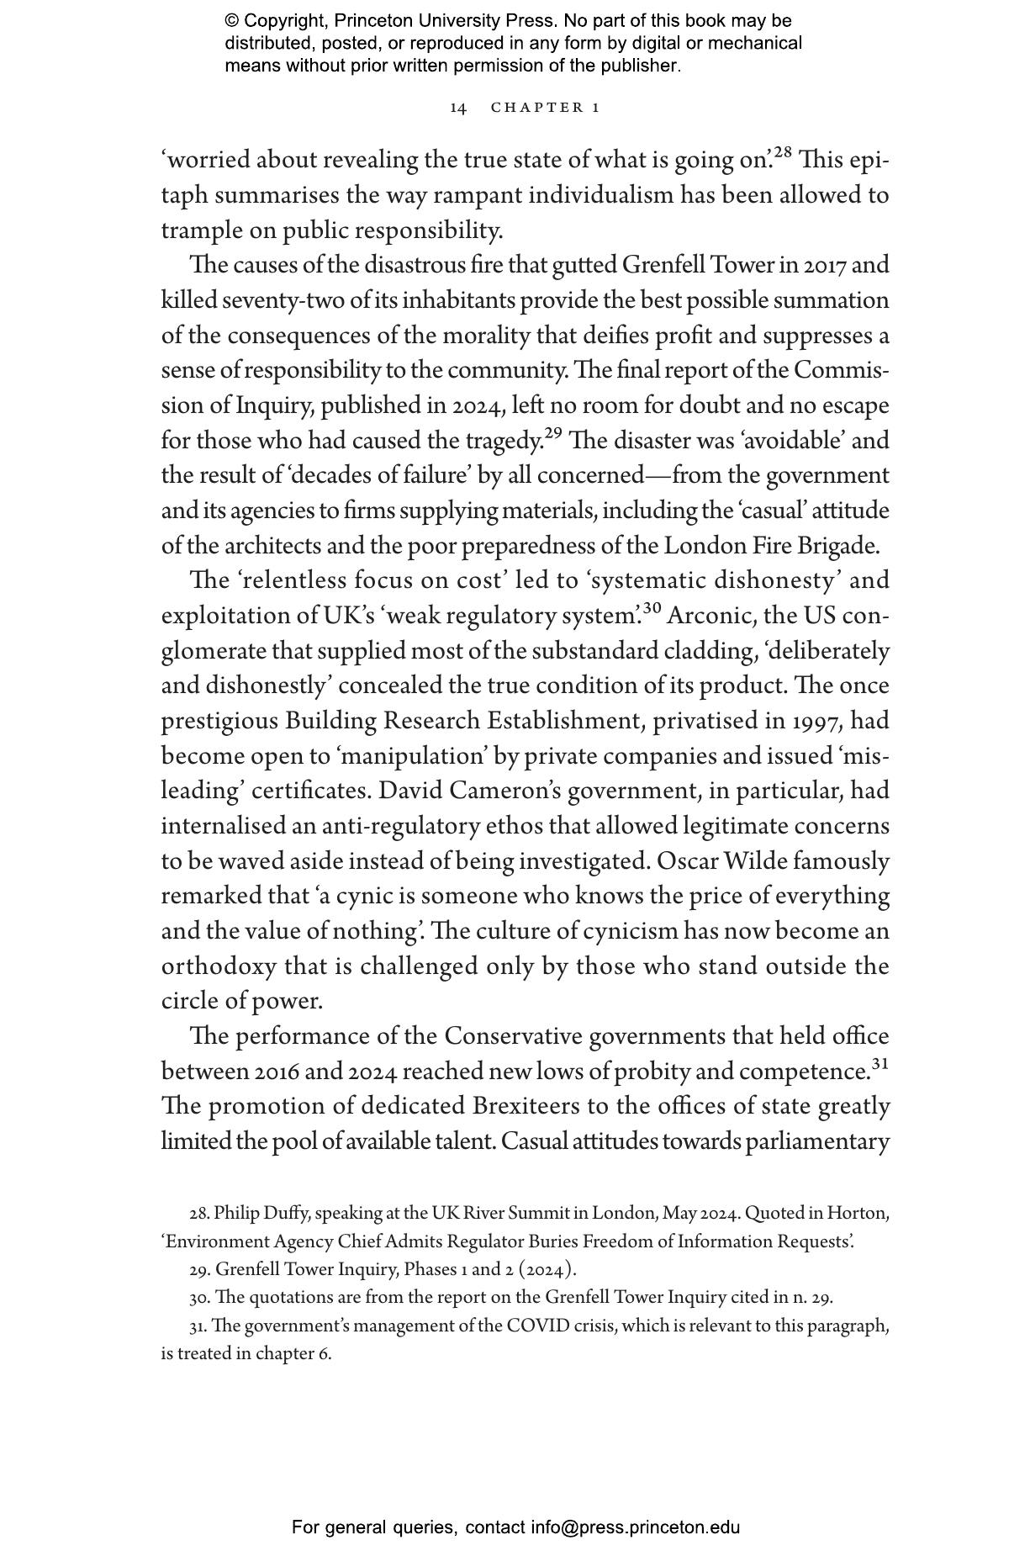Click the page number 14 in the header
458,108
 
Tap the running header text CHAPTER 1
545,108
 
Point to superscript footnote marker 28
783,153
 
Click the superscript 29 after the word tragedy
553,434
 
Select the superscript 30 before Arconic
652,609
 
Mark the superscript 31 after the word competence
880,1064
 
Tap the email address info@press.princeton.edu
635,1527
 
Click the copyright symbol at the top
232,21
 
